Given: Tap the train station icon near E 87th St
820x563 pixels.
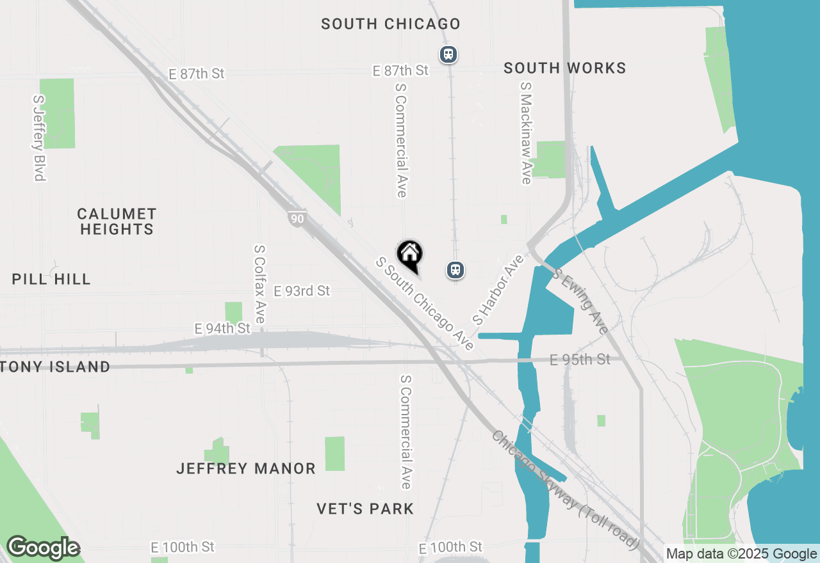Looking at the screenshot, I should pyautogui.click(x=448, y=54).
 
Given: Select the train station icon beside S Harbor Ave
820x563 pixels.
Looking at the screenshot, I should pyautogui.click(x=455, y=270).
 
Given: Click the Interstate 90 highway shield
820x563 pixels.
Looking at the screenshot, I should pyautogui.click(x=296, y=218).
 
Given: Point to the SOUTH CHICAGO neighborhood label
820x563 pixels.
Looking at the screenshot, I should pyautogui.click(x=391, y=24).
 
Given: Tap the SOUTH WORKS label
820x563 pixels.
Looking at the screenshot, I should pyautogui.click(x=564, y=68).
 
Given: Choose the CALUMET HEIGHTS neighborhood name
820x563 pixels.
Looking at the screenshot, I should pyautogui.click(x=117, y=221).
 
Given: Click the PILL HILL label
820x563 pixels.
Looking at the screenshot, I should pyautogui.click(x=51, y=279).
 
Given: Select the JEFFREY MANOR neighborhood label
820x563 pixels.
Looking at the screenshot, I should pyautogui.click(x=246, y=469).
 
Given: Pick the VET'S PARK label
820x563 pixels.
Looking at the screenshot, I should pyautogui.click(x=365, y=509).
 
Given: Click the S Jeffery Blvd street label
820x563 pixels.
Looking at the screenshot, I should pyautogui.click(x=39, y=138).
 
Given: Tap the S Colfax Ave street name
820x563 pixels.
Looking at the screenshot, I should pyautogui.click(x=259, y=284).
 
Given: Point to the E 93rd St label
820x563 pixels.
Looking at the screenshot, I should pyautogui.click(x=302, y=291).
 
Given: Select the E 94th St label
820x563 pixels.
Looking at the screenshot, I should pyautogui.click(x=222, y=329).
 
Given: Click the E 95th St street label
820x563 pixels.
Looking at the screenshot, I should pyautogui.click(x=580, y=360).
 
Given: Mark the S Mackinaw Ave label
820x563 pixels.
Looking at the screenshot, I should pyautogui.click(x=526, y=133).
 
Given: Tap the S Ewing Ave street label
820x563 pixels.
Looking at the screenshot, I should pyautogui.click(x=581, y=301).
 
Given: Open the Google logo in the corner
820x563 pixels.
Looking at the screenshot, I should pyautogui.click(x=43, y=548).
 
